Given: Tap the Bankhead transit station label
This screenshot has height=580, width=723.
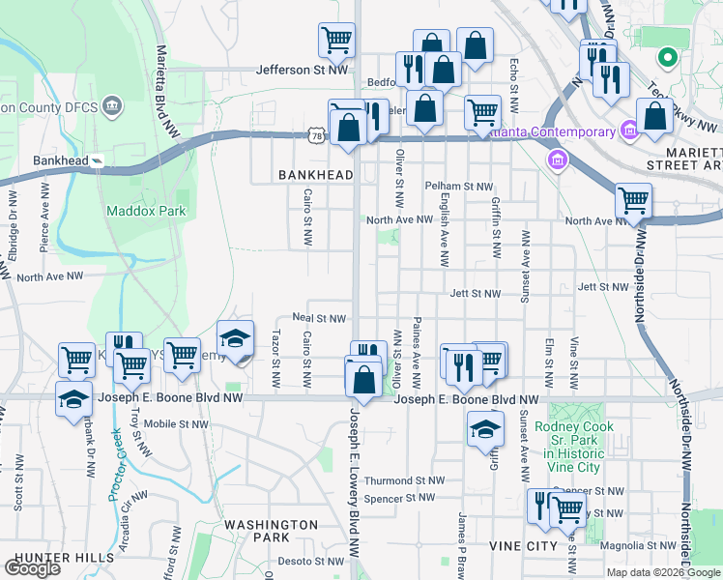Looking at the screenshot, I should click(x=61, y=160).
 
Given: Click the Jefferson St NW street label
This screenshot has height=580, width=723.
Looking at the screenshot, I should click(x=302, y=70).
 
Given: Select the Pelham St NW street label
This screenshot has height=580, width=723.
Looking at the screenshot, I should click(x=459, y=186).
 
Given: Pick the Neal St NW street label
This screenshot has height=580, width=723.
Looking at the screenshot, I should click(x=319, y=318).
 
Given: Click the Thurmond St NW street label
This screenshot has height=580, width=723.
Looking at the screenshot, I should click(x=404, y=480).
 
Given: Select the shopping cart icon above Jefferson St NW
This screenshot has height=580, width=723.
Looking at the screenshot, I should click(x=336, y=40).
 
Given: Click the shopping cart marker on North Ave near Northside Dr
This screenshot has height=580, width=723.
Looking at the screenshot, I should click(x=633, y=201).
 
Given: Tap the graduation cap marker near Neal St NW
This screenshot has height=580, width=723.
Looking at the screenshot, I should click(x=235, y=338).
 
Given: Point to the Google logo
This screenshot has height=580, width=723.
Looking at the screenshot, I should click(x=33, y=568).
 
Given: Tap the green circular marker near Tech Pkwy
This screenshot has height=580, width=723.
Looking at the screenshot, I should click(x=666, y=58).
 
